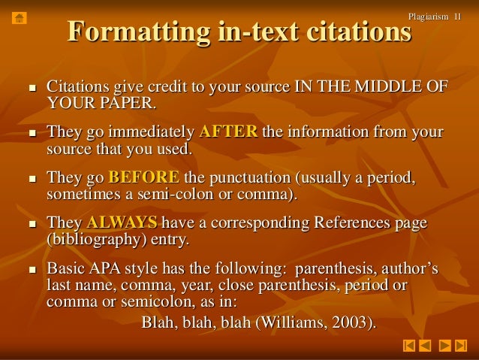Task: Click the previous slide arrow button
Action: tap(425, 346)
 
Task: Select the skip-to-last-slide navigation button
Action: tap(461, 346)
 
